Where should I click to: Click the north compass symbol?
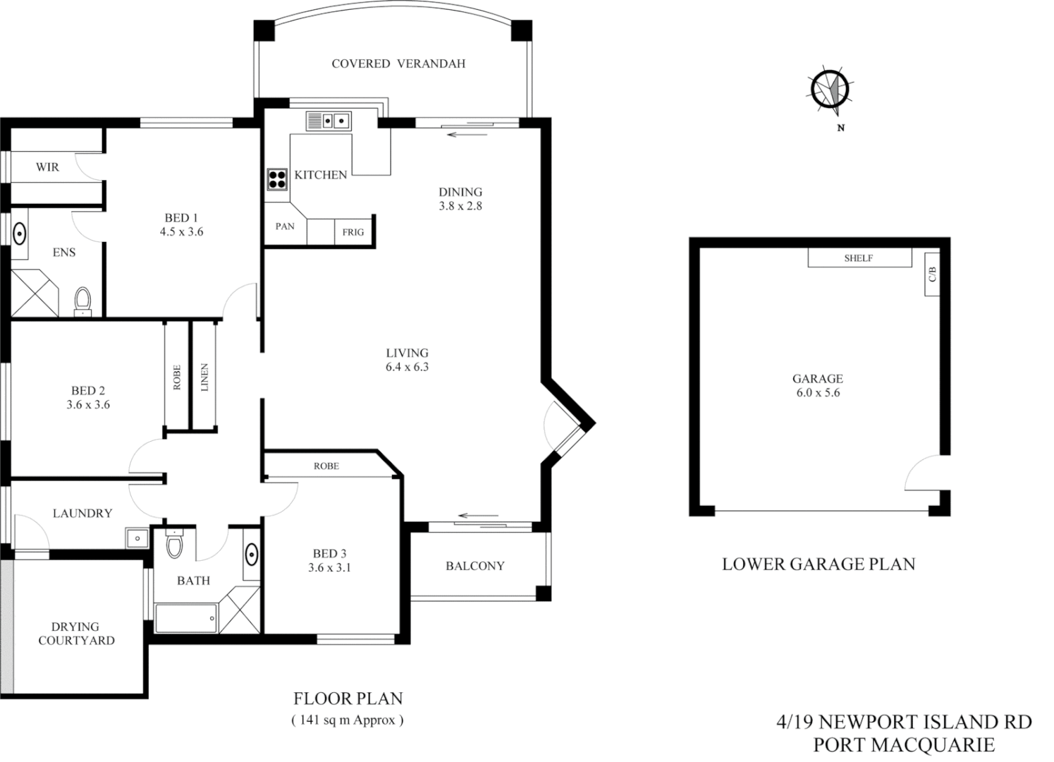[830, 91]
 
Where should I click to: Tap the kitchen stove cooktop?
[276, 179]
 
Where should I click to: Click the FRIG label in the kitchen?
[353, 231]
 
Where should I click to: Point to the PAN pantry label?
[285, 226]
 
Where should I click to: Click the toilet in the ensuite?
[83, 299]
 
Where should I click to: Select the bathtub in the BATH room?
[186, 618]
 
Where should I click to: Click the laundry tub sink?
[136, 538]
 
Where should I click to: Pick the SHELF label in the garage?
[859, 258]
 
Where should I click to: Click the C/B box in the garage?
[931, 274]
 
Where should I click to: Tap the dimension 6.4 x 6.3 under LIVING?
[407, 367]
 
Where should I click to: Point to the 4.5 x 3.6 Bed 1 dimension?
[181, 231]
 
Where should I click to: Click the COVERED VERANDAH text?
[398, 64]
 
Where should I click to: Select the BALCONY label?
[474, 566]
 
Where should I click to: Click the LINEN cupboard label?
[204, 377]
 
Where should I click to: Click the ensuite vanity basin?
[20, 232]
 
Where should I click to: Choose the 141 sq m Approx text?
[348, 720]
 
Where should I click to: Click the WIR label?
[47, 167]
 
